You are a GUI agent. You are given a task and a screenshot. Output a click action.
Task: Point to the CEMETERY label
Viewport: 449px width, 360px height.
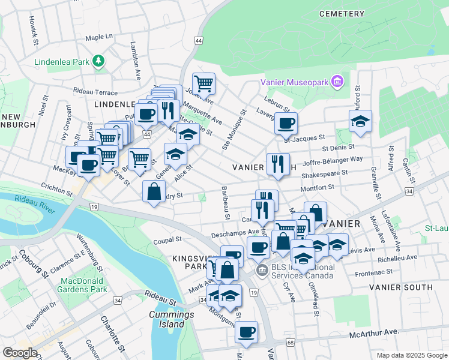(x=342, y=13)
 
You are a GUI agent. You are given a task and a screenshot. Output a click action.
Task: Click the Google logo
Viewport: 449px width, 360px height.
(x=20, y=352)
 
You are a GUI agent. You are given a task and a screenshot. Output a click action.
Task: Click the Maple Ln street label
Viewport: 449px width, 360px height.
(x=99, y=37)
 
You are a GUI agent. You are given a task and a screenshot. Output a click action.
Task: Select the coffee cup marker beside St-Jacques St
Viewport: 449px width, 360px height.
(x=286, y=123)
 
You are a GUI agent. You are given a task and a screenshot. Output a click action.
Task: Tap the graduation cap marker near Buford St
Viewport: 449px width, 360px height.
(x=360, y=121)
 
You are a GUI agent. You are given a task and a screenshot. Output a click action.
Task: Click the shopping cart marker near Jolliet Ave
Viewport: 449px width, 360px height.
(x=203, y=83)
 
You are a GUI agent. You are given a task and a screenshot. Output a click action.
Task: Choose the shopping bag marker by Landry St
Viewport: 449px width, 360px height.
(x=154, y=191)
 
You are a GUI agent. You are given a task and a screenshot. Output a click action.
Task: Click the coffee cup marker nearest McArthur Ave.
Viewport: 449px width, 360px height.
(x=246, y=332)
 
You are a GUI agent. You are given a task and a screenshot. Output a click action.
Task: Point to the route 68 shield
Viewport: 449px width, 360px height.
(x=291, y=343)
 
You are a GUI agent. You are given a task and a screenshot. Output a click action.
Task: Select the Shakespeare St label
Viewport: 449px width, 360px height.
(x=325, y=173)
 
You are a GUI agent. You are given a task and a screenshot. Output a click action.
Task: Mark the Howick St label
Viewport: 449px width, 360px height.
(x=34, y=32)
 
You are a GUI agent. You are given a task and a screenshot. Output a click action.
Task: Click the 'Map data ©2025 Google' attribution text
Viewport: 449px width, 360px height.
(x=411, y=355)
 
